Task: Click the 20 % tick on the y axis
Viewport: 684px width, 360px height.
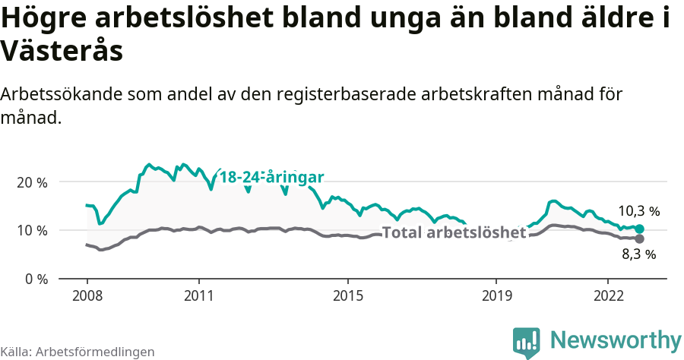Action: [32, 183]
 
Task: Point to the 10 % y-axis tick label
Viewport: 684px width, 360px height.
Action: [32, 231]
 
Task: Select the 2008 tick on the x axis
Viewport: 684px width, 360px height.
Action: [87, 295]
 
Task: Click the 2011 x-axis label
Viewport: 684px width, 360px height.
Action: [198, 295]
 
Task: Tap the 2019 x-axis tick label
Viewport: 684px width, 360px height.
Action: [496, 295]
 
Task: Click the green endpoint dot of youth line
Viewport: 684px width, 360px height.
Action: [639, 229]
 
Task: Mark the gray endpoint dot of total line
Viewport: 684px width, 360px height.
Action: [639, 238]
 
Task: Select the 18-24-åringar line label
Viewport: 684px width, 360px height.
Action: [272, 177]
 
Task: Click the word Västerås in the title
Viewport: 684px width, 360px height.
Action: [62, 52]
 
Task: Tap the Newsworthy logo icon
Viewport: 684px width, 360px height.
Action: [526, 342]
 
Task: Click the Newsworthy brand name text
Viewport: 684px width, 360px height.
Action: [616, 340]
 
